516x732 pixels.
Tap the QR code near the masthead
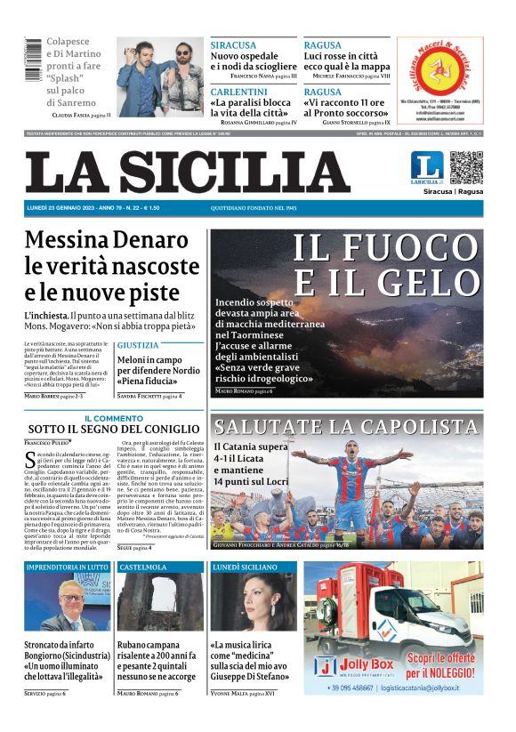pos(465,167)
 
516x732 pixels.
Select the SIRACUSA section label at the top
pos(233,45)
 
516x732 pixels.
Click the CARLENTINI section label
pos(239,92)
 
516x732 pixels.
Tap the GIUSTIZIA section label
pos(138,344)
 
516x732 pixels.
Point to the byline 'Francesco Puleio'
pos(47,442)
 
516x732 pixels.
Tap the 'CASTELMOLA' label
pos(143,567)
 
